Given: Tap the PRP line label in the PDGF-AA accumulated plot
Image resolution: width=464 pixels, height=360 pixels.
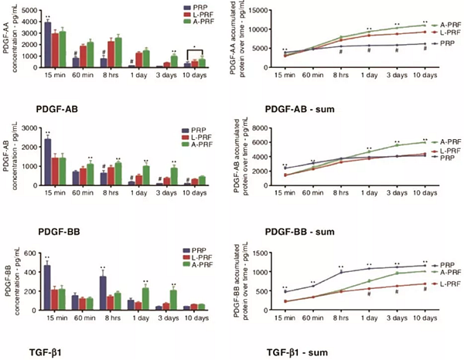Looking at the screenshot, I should (x=447, y=44).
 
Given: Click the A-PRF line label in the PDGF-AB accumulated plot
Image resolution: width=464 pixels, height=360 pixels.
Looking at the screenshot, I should (x=447, y=141).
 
